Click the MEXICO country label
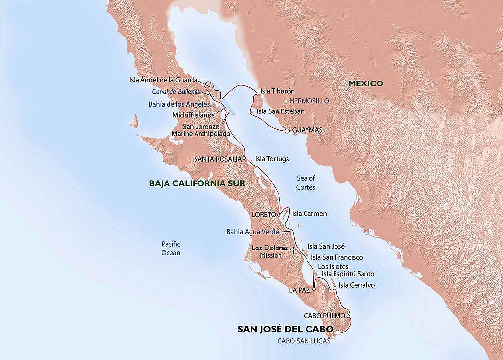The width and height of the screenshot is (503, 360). point(365,84)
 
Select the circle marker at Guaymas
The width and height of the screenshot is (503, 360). point(287,131)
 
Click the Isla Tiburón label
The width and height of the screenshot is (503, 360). point(277,91)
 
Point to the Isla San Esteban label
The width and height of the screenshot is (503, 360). point(280,111)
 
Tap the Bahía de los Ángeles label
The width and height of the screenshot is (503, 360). point(179,104)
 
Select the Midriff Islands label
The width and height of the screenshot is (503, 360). point(194,115)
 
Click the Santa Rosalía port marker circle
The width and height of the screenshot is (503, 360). point(244,159)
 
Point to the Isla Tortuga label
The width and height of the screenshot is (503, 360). point(273,159)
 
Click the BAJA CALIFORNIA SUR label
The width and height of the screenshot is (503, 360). point(197,183)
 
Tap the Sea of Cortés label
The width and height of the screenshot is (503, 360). point(306,183)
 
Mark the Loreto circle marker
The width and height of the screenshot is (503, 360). point(279,215)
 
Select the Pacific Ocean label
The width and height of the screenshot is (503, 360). point(171,248)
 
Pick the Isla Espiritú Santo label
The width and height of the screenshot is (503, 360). point(348,274)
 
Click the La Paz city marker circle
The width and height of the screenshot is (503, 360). point(314,290)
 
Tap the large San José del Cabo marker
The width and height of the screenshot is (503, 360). point(337,332)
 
